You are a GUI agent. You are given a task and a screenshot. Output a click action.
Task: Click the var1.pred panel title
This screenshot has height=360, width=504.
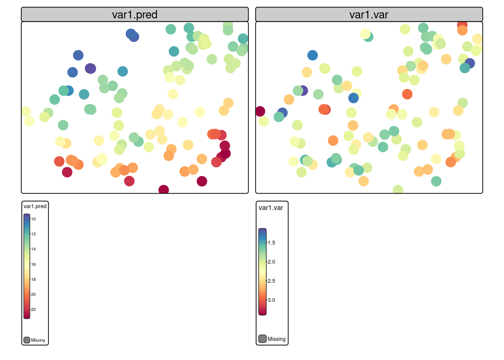click(135, 15)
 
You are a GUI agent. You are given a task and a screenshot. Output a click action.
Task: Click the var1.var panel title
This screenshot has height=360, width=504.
click(369, 15)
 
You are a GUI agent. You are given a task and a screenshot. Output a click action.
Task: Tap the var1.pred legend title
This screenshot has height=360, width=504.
click(35, 206)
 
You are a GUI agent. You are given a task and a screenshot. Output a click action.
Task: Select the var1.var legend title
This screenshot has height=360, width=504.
click(271, 208)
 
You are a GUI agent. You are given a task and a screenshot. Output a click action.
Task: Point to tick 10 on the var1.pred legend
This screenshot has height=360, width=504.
click(33, 219)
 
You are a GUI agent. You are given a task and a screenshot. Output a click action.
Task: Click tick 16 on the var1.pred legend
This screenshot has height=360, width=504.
click(33, 264)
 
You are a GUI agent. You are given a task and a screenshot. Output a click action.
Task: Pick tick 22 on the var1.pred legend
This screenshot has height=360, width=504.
click(33, 309)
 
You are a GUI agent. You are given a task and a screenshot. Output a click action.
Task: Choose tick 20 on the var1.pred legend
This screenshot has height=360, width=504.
click(33, 294)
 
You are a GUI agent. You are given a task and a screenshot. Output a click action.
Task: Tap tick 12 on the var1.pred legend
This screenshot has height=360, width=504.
click(33, 234)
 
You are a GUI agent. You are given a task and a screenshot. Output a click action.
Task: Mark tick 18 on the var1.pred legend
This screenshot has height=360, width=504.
click(33, 279)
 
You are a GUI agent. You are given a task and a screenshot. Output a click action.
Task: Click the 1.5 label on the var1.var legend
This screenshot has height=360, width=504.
click(271, 243)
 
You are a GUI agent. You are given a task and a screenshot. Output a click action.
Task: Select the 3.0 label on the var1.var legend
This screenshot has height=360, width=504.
click(271, 300)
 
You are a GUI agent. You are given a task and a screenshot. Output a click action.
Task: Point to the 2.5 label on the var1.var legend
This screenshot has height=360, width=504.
click(271, 281)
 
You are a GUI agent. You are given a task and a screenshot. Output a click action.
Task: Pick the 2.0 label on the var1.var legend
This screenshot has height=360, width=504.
click(271, 262)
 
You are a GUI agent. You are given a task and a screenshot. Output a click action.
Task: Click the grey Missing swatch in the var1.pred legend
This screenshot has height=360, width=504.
click(27, 340)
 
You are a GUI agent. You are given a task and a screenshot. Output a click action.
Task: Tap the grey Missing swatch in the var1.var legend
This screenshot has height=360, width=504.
click(262, 339)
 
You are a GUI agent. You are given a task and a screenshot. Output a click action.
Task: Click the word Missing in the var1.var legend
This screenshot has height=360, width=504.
click(276, 339)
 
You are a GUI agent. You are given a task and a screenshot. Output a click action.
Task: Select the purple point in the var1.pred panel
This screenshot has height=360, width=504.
click(90, 68)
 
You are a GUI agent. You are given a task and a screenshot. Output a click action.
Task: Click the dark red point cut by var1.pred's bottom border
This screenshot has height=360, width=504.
click(163, 190)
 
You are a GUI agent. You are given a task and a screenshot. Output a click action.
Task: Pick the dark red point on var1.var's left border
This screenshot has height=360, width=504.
click(260, 111)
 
